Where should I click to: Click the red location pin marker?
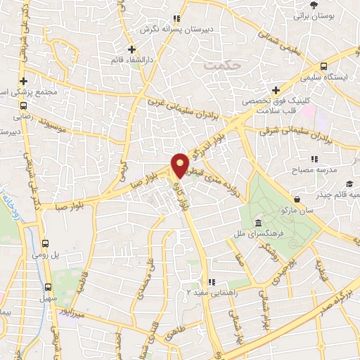(x=181, y=165)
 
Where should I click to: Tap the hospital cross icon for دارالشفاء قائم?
(x=131, y=49)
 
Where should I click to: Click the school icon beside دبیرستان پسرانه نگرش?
(x=179, y=19)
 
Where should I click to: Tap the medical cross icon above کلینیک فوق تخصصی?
(x=276, y=91)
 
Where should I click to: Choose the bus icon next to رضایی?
(x=20, y=105)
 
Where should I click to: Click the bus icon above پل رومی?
(x=47, y=239)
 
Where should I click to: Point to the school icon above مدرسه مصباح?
(x=314, y=160)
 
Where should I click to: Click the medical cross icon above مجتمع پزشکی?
(x=23, y=81)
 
